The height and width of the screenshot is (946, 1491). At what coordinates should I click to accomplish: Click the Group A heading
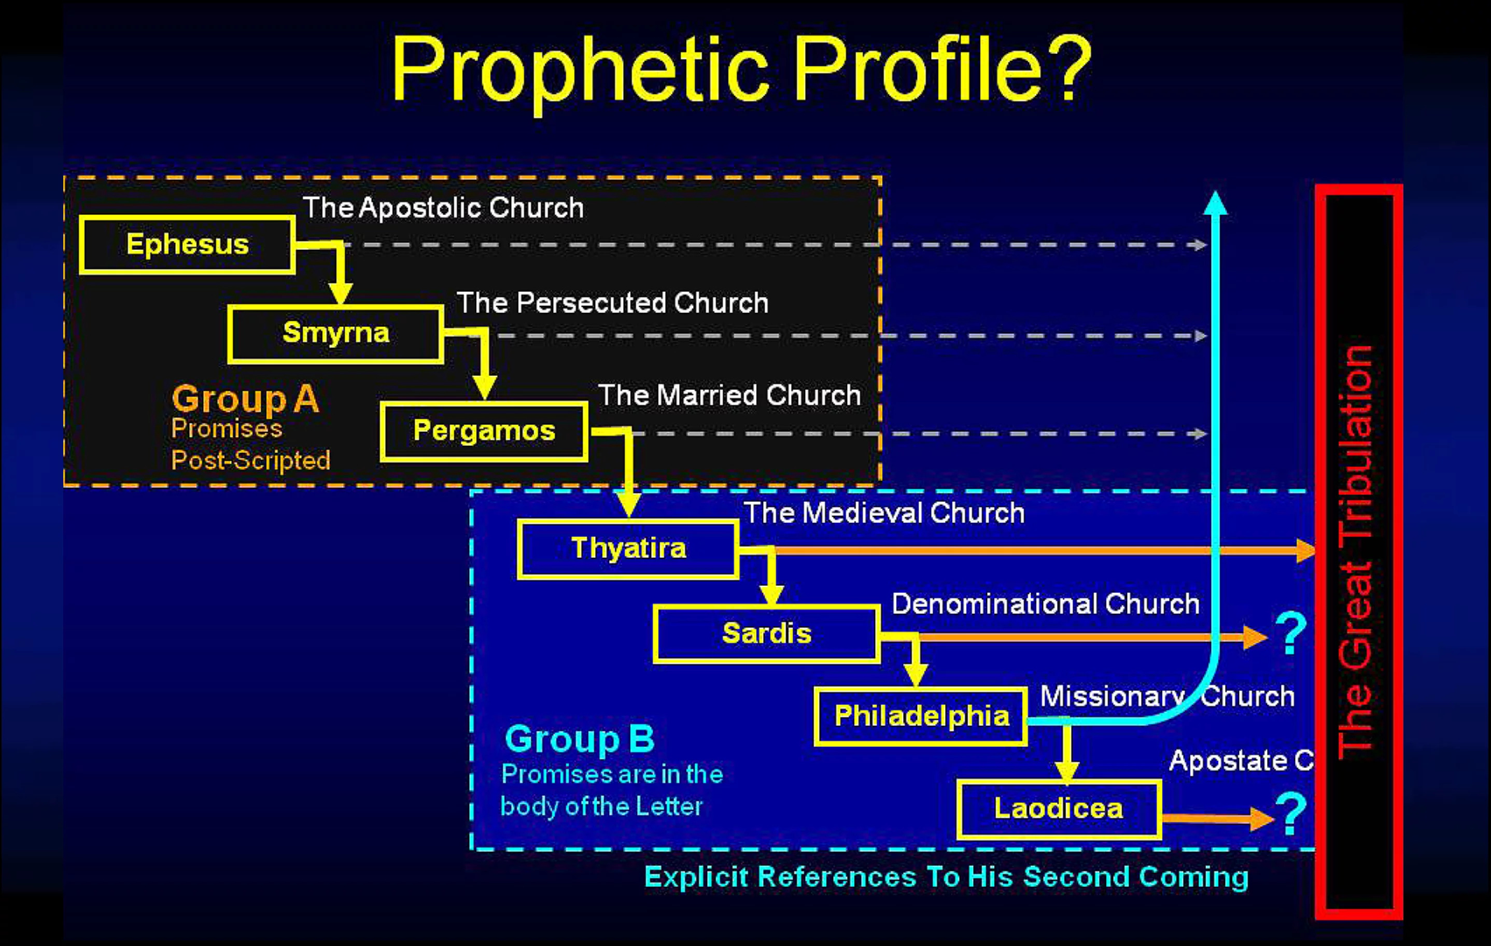(x=245, y=399)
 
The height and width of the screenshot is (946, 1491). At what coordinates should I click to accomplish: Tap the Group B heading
(x=580, y=739)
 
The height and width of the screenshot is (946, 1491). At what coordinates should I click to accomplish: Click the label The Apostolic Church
(x=443, y=208)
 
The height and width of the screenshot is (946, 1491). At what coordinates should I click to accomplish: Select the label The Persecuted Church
(x=613, y=303)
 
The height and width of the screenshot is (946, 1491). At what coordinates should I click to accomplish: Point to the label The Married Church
(x=729, y=395)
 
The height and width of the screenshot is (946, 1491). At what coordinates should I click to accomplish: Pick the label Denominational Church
(x=1046, y=604)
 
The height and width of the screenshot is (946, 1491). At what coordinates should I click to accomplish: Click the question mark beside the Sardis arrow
(x=1291, y=633)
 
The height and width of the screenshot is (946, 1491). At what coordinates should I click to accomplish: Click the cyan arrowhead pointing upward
(x=1216, y=203)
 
